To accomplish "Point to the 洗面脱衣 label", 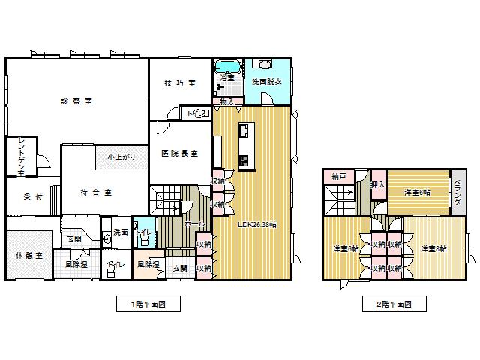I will click(266, 82).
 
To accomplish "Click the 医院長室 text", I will click(179, 153).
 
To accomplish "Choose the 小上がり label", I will click(120, 157).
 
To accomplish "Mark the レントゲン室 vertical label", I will click(21, 157).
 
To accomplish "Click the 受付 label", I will click(23, 197).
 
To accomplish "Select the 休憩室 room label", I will click(28, 255).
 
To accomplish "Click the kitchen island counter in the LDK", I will click(246, 144).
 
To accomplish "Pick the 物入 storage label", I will click(227, 100).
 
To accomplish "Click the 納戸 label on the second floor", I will click(339, 177).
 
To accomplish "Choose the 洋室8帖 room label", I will click(433, 248).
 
